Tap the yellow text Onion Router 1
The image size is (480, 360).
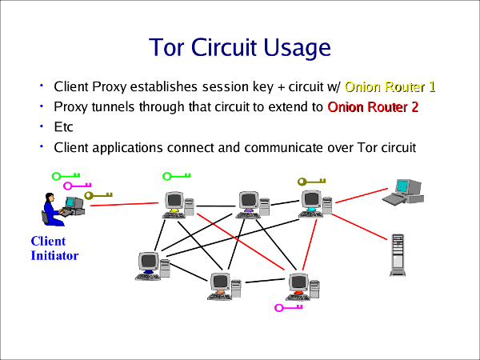(x=390, y=86)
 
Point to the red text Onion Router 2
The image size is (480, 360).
(x=373, y=106)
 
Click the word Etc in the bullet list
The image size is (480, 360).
(x=63, y=127)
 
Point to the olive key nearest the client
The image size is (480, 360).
(x=100, y=194)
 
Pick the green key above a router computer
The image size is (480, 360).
(x=176, y=176)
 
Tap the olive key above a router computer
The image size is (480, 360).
(x=312, y=182)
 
